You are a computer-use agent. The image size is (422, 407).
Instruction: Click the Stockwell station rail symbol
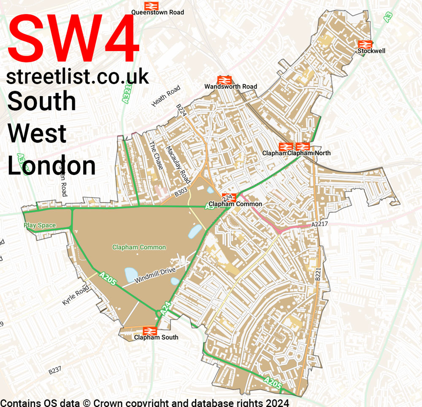tap(365, 44)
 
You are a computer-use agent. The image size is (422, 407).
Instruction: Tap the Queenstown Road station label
tap(157, 12)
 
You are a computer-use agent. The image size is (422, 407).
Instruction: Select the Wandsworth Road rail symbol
tap(224, 80)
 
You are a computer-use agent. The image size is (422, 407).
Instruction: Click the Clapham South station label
tap(156, 337)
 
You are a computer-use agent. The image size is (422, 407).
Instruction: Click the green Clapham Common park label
tap(139, 247)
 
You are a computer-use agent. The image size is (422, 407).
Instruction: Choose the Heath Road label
tap(166, 96)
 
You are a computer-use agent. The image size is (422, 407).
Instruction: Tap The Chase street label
tap(156, 156)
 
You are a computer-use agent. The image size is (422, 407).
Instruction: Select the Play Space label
tap(40, 225)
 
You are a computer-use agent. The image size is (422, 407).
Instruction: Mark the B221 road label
tap(318, 274)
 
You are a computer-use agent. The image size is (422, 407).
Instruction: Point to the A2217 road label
tap(319, 225)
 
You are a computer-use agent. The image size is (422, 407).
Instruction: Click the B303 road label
tap(181, 193)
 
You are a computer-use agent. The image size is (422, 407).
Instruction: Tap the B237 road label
tap(55, 370)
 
